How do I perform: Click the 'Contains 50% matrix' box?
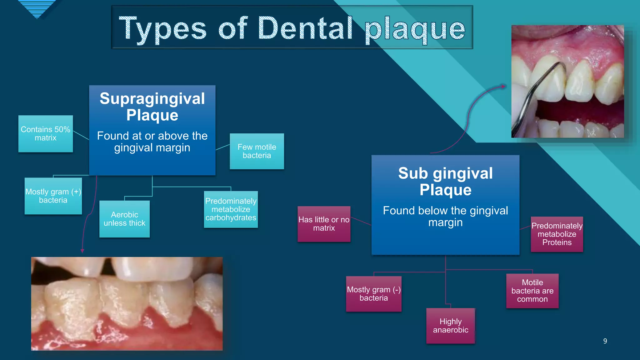[46, 134]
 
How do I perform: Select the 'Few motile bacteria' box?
[257, 151]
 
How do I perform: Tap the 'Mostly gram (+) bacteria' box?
[53, 196]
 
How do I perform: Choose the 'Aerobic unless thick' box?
[124, 219]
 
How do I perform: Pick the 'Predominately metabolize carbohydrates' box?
[231, 209]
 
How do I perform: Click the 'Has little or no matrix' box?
[324, 224]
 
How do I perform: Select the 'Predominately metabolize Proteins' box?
[557, 234]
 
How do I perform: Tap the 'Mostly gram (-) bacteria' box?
[373, 294]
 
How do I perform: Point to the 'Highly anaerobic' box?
[450, 326]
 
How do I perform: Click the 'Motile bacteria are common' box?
[532, 291]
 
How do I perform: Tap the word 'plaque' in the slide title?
[415, 30]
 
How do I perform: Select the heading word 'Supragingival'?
[152, 99]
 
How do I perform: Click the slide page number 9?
[605, 341]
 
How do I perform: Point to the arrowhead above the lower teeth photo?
[82, 251]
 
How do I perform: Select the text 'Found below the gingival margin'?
[445, 216]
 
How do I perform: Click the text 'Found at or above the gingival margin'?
[152, 142]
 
